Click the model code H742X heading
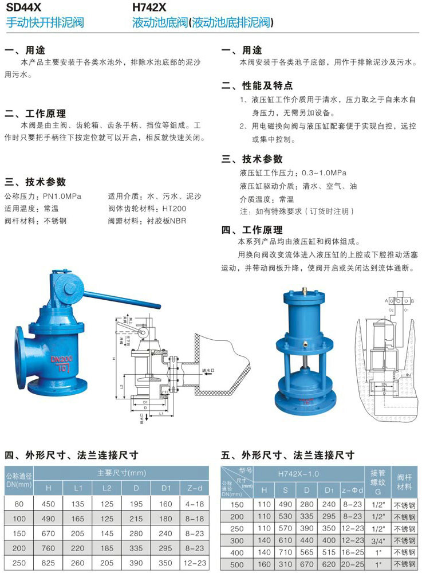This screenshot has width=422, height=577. click(x=149, y=9)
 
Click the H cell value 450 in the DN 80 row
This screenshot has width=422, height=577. click(x=49, y=504)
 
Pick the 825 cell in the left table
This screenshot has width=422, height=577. click(x=49, y=563)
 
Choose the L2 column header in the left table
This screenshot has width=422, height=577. click(x=107, y=488)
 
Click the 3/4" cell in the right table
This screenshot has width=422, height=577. click(x=377, y=540)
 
